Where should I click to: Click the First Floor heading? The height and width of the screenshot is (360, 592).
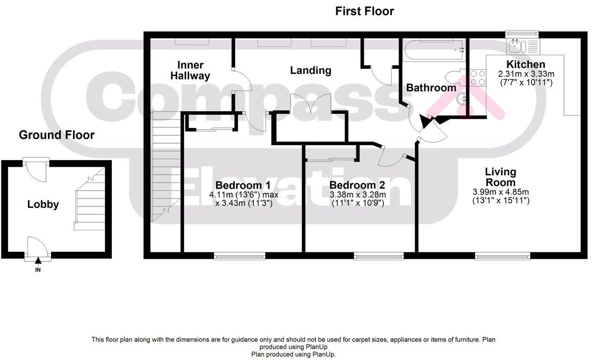coord(364,11)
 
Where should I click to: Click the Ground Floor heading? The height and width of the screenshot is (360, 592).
coord(57,135)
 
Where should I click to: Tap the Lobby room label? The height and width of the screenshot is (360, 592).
coord(43,205)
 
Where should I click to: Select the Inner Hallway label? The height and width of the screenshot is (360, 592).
coord(190,70)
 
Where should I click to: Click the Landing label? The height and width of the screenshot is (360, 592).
coord(311,71)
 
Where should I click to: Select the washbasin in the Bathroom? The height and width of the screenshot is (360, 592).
coord(462,98)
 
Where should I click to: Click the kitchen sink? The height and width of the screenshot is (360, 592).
coord(517,46)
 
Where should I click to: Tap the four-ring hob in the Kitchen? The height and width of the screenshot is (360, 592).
coord(478,77)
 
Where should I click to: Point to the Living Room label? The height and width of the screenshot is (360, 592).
coord(500,177)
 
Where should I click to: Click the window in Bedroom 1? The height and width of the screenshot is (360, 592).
coord(240,256)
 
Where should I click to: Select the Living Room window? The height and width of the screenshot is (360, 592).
coord(503,256)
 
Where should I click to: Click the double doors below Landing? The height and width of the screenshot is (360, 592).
coord(311,103)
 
